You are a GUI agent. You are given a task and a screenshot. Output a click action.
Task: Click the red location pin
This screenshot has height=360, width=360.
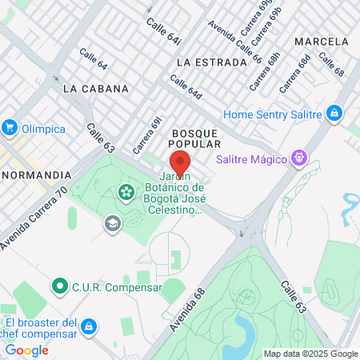(180, 162)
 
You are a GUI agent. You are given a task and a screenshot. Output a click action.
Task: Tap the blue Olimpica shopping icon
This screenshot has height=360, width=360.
(10, 126)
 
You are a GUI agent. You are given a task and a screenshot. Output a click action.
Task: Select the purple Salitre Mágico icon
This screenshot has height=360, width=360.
(299, 158)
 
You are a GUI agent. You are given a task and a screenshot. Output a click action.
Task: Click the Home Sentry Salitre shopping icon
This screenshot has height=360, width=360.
(334, 114)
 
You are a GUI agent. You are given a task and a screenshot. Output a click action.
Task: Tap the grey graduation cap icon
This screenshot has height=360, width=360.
(111, 222)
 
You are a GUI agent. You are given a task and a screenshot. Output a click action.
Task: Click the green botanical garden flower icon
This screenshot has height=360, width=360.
(126, 191)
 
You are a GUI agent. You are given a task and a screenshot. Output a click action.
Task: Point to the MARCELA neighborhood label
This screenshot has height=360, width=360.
(322, 41)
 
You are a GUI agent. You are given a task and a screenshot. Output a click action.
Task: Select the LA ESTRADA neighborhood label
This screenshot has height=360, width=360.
(211, 62)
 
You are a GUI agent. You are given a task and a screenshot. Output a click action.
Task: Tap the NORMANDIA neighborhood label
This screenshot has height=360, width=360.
(37, 174)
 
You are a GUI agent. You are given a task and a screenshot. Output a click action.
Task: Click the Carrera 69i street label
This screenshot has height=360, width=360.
(149, 135)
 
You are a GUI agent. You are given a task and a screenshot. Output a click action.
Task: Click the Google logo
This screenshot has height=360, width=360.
(26, 350)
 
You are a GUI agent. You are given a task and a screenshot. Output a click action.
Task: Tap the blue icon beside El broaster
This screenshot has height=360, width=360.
(89, 326)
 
